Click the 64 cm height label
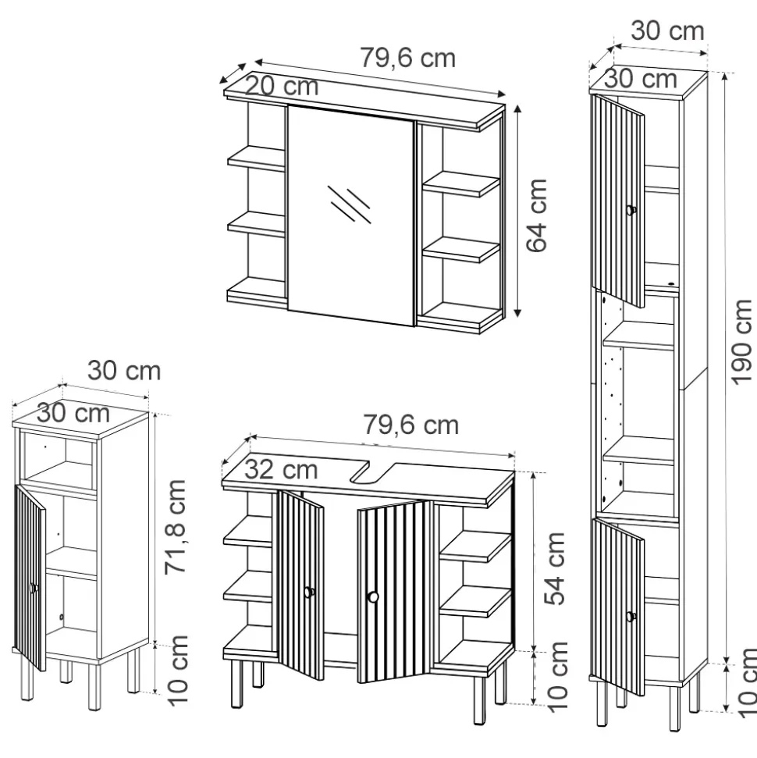(536, 214)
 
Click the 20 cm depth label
(282, 86)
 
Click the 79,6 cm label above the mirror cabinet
(407, 58)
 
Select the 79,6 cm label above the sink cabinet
(410, 425)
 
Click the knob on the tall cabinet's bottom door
(631, 617)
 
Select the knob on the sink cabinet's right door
(373, 597)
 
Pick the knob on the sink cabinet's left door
(309, 593)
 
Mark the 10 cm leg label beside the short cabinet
(178, 669)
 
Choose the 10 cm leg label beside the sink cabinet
(556, 677)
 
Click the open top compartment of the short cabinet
(59, 460)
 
